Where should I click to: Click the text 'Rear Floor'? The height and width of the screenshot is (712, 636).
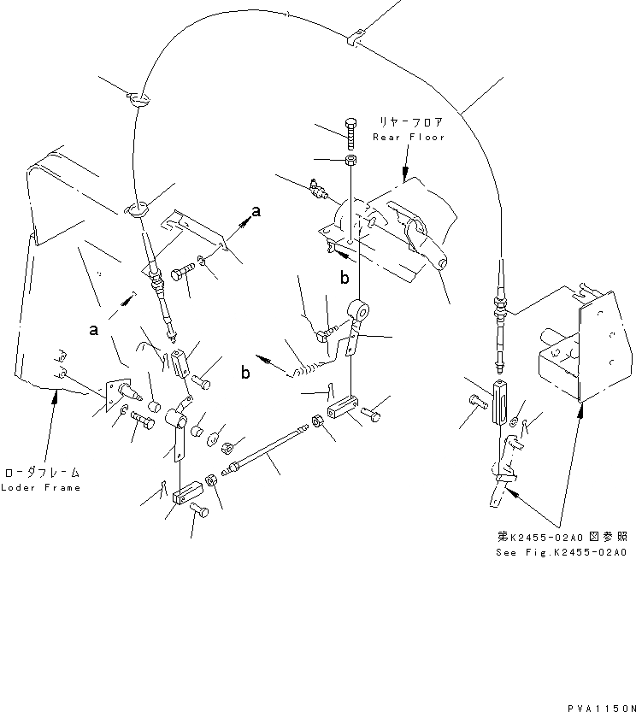(x=409, y=137)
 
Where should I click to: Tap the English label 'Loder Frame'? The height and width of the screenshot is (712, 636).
(x=40, y=488)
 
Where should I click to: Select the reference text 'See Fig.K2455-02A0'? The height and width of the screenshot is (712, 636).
(x=560, y=553)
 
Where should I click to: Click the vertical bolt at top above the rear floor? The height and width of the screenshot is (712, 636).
(x=351, y=132)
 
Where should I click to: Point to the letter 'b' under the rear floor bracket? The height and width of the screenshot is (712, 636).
(x=344, y=278)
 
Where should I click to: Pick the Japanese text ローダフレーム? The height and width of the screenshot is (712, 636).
(x=40, y=472)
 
